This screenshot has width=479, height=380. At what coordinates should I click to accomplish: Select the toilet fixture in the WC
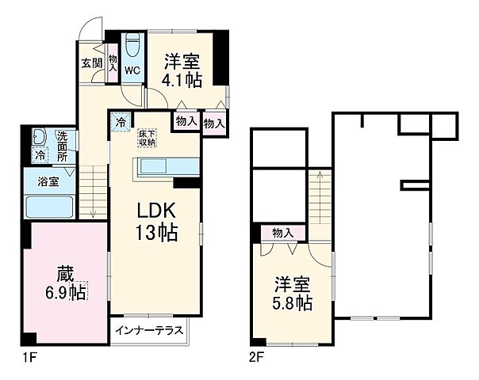[132, 44]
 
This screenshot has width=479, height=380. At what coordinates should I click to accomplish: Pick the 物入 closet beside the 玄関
[113, 63]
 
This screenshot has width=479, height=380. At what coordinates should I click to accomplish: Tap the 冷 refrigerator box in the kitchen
[120, 123]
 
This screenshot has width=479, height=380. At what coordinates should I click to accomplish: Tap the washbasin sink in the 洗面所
[40, 138]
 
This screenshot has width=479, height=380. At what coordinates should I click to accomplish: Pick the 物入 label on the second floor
[282, 234]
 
